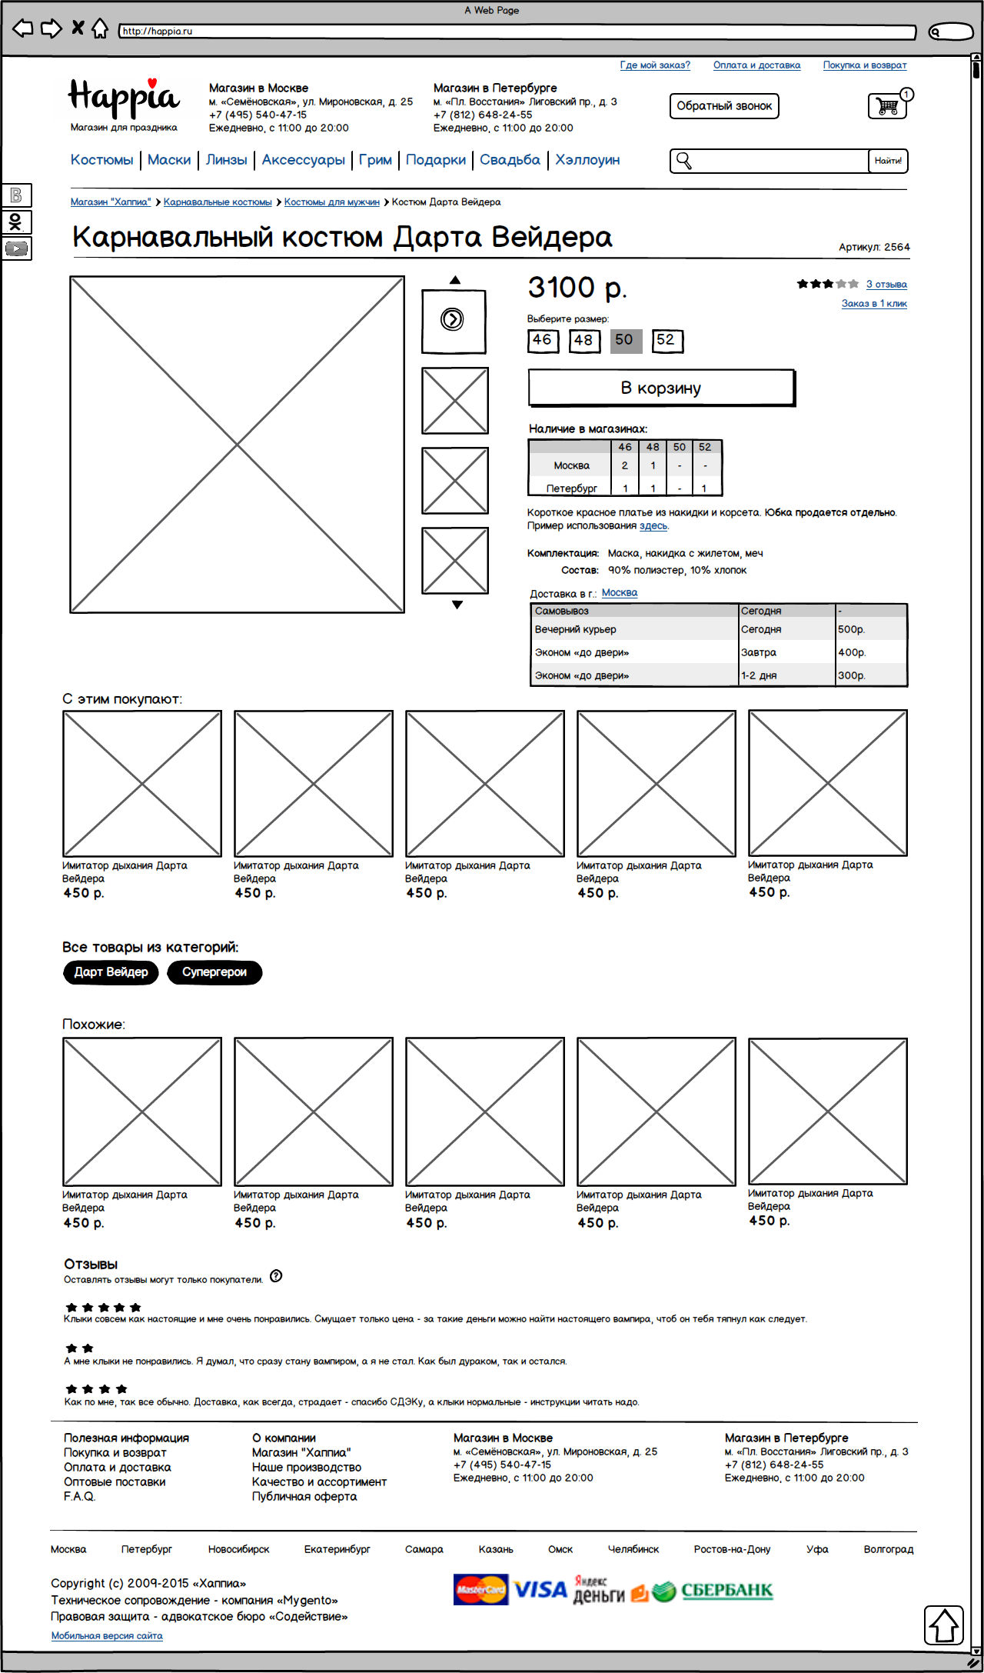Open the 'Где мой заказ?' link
(x=655, y=65)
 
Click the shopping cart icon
(x=888, y=106)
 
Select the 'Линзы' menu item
(x=226, y=160)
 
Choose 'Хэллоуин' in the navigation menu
(x=587, y=160)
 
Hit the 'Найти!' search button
(x=888, y=161)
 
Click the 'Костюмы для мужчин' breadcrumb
(x=331, y=202)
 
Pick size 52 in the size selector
(x=667, y=340)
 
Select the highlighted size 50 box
(x=625, y=340)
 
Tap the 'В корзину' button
(x=661, y=388)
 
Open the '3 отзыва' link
(x=886, y=285)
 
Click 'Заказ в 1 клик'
(x=874, y=304)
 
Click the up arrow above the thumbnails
(x=455, y=281)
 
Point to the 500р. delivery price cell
(x=852, y=630)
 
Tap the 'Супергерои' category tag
(x=214, y=972)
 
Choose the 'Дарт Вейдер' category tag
(x=111, y=972)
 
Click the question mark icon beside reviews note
(x=276, y=1276)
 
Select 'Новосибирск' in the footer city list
(x=238, y=1550)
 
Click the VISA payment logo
(x=540, y=1590)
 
